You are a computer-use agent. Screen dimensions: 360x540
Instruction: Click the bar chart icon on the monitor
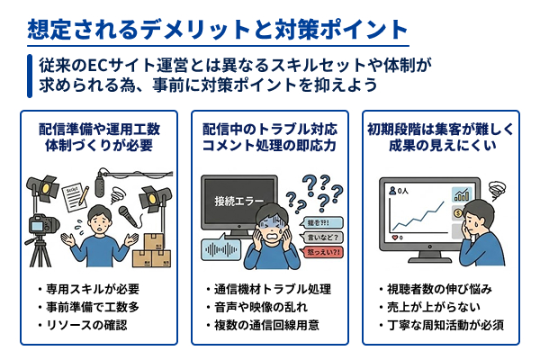[463, 194]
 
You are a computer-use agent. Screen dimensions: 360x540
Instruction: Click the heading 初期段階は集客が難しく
[442, 126]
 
